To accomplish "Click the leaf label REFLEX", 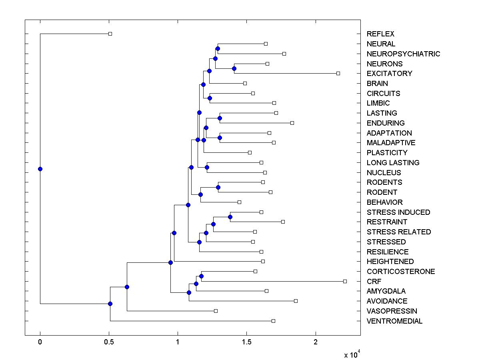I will pyautogui.click(x=380, y=34).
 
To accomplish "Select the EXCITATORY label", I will pyautogui.click(x=389, y=74).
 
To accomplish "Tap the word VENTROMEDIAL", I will pyautogui.click(x=394, y=321).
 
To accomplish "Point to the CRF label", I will pyautogui.click(x=374, y=282).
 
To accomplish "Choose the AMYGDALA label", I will pyautogui.click(x=386, y=291).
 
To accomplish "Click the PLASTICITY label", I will pyautogui.click(x=387, y=153).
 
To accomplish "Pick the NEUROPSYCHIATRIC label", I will pyautogui.click(x=403, y=54).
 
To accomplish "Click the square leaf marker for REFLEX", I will pyautogui.click(x=110, y=34).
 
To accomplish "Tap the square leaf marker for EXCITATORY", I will pyautogui.click(x=338, y=73).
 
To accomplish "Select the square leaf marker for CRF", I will pyautogui.click(x=345, y=281).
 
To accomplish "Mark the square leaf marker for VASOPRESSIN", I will pyautogui.click(x=216, y=311).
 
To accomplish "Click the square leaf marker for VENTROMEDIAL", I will pyautogui.click(x=273, y=321).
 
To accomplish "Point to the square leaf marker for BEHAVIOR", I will pyautogui.click(x=239, y=202).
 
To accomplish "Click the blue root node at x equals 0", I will pyautogui.click(x=40, y=169).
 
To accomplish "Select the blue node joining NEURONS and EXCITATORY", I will pyautogui.click(x=234, y=68).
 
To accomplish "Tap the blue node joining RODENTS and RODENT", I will pyautogui.click(x=218, y=187).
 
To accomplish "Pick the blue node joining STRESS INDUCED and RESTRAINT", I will pyautogui.click(x=230, y=217).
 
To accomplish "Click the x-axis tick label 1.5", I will pyautogui.click(x=247, y=342).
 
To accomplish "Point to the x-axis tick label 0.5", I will pyautogui.click(x=109, y=342).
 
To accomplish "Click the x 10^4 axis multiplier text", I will pyautogui.click(x=352, y=354).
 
